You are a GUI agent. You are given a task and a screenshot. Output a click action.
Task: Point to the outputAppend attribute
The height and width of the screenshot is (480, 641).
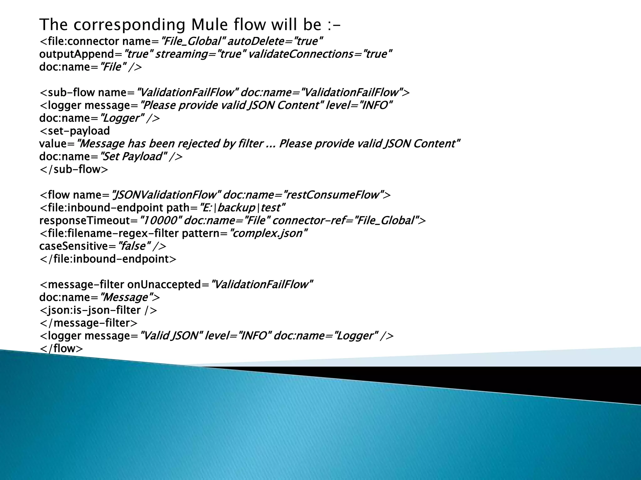click(77, 54)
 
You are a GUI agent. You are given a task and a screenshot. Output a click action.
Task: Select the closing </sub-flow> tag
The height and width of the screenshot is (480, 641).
click(74, 169)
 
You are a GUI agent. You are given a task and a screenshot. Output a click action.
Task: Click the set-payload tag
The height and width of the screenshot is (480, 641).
click(74, 131)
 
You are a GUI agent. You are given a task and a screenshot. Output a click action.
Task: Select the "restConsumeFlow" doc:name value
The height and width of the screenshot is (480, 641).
click(333, 195)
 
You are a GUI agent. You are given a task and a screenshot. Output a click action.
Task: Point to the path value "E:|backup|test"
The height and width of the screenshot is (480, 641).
click(242, 208)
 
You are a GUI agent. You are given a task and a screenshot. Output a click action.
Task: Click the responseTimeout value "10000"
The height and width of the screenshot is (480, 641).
click(160, 221)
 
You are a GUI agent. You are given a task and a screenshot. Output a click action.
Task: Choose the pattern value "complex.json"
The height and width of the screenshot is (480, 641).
click(269, 233)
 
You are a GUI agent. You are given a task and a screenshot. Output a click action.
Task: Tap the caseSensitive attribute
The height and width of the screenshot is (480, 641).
click(74, 246)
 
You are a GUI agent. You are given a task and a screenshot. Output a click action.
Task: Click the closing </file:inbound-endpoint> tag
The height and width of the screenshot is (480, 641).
click(108, 259)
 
